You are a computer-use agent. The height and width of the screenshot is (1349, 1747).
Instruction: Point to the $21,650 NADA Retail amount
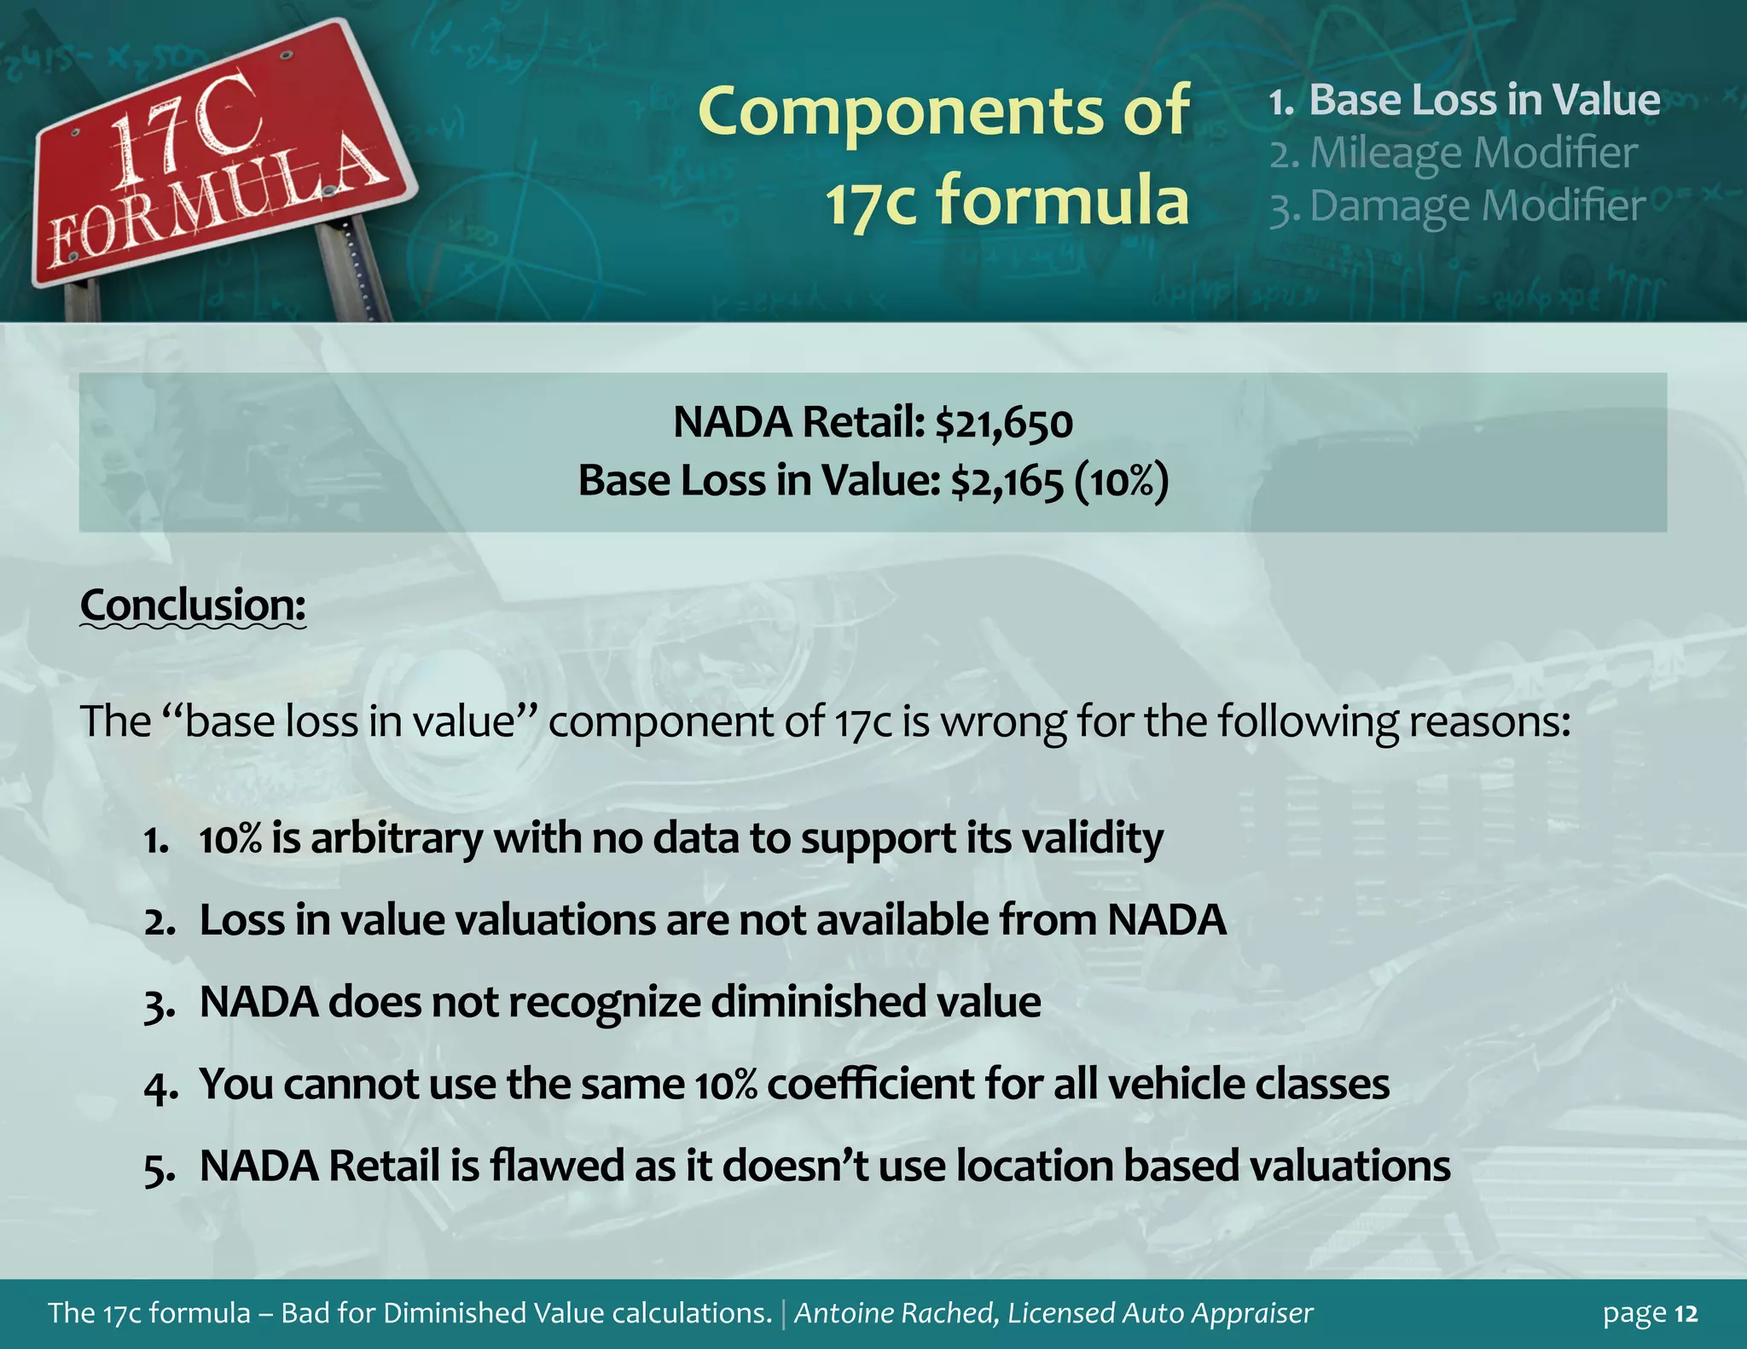1004,423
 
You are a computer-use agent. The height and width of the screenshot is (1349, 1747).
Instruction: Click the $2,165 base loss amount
1007,482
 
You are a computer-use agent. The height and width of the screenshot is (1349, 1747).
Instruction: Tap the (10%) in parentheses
1121,482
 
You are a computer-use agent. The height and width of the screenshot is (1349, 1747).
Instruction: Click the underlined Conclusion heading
193,605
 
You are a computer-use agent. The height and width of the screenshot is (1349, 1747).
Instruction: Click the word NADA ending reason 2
1167,920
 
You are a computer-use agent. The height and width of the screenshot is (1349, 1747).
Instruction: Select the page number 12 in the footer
1686,1314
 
